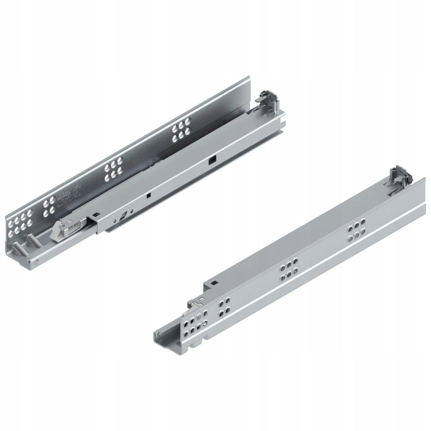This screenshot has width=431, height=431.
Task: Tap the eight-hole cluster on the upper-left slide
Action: [20, 223]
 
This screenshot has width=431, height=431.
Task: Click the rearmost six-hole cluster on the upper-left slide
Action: [181, 129]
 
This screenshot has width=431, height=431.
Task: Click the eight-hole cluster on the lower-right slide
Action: [196, 323]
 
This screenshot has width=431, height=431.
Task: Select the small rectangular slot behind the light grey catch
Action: [96, 214]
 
